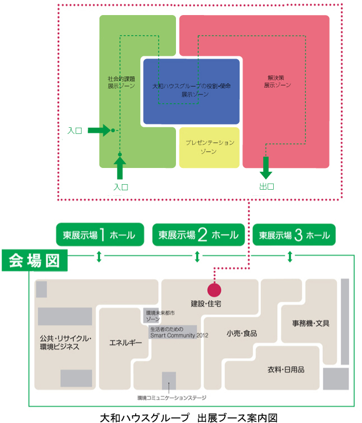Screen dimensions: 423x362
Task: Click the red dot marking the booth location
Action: [x=214, y=290]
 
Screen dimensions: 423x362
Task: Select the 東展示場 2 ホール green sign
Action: [x=198, y=235]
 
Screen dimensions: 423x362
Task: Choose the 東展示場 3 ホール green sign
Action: [x=294, y=235]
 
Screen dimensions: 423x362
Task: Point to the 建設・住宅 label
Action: [x=206, y=304]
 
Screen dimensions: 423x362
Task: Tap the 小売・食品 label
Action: [x=241, y=333]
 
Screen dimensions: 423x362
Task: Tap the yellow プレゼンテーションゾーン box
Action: [x=209, y=147]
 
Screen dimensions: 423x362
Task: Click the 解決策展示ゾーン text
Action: [x=278, y=82]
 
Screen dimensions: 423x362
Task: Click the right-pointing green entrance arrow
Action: [x=99, y=130]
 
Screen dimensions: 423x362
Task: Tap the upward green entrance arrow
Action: [x=120, y=167]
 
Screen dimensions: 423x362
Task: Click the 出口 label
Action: [x=266, y=187]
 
